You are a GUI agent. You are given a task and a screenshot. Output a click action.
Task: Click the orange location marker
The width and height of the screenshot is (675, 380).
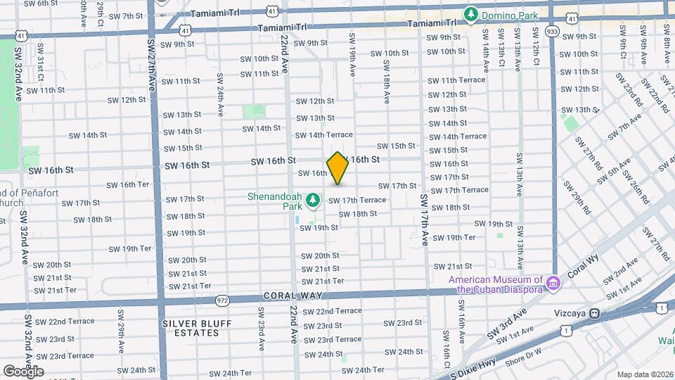point(337,169)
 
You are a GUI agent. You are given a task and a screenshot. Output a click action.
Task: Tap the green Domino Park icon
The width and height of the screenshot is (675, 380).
point(470,14)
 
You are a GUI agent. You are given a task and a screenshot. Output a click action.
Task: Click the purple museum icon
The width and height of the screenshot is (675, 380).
point(553,283)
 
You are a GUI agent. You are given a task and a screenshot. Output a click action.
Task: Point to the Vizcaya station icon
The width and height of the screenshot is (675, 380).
point(595,314)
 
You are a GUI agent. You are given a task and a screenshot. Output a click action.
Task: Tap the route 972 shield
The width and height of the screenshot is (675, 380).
point(223,300)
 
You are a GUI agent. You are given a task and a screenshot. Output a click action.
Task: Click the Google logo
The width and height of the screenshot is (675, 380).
point(23,371)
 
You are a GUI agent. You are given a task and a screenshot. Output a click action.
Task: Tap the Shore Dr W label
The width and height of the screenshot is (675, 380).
point(522,355)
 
